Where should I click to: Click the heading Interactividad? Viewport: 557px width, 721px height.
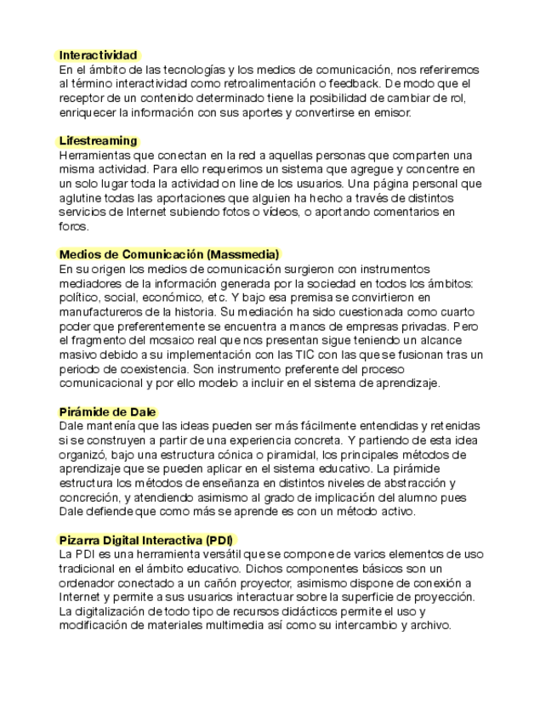click(x=98, y=55)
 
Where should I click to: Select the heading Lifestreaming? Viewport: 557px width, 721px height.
click(x=98, y=140)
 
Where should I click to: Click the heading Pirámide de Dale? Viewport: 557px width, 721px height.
click(x=107, y=412)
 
